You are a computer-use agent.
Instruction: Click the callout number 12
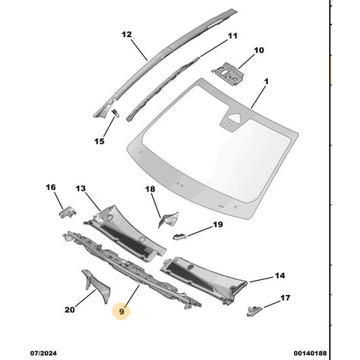127,34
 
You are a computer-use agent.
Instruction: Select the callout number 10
258,50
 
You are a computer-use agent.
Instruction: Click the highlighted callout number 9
122,311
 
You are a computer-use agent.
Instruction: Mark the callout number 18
150,189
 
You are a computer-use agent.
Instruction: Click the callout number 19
217,225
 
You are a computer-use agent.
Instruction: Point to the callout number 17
285,297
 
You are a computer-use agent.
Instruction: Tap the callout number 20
70,310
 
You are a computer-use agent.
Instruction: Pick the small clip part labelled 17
253,309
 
